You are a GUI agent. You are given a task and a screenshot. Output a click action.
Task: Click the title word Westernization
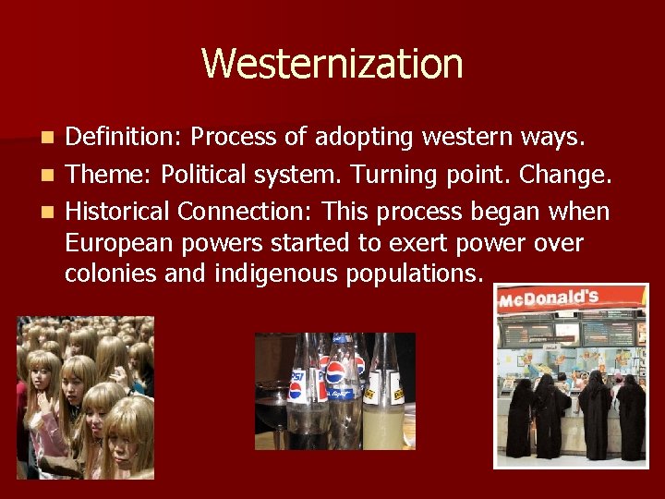tap(332, 64)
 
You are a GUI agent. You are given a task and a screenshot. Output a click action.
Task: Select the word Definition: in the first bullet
tap(125, 138)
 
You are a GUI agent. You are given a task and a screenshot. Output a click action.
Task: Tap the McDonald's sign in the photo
tap(549, 298)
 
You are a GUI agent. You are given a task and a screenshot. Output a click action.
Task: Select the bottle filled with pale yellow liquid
tap(381, 397)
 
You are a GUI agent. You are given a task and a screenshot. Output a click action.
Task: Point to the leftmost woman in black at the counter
tap(519, 416)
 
